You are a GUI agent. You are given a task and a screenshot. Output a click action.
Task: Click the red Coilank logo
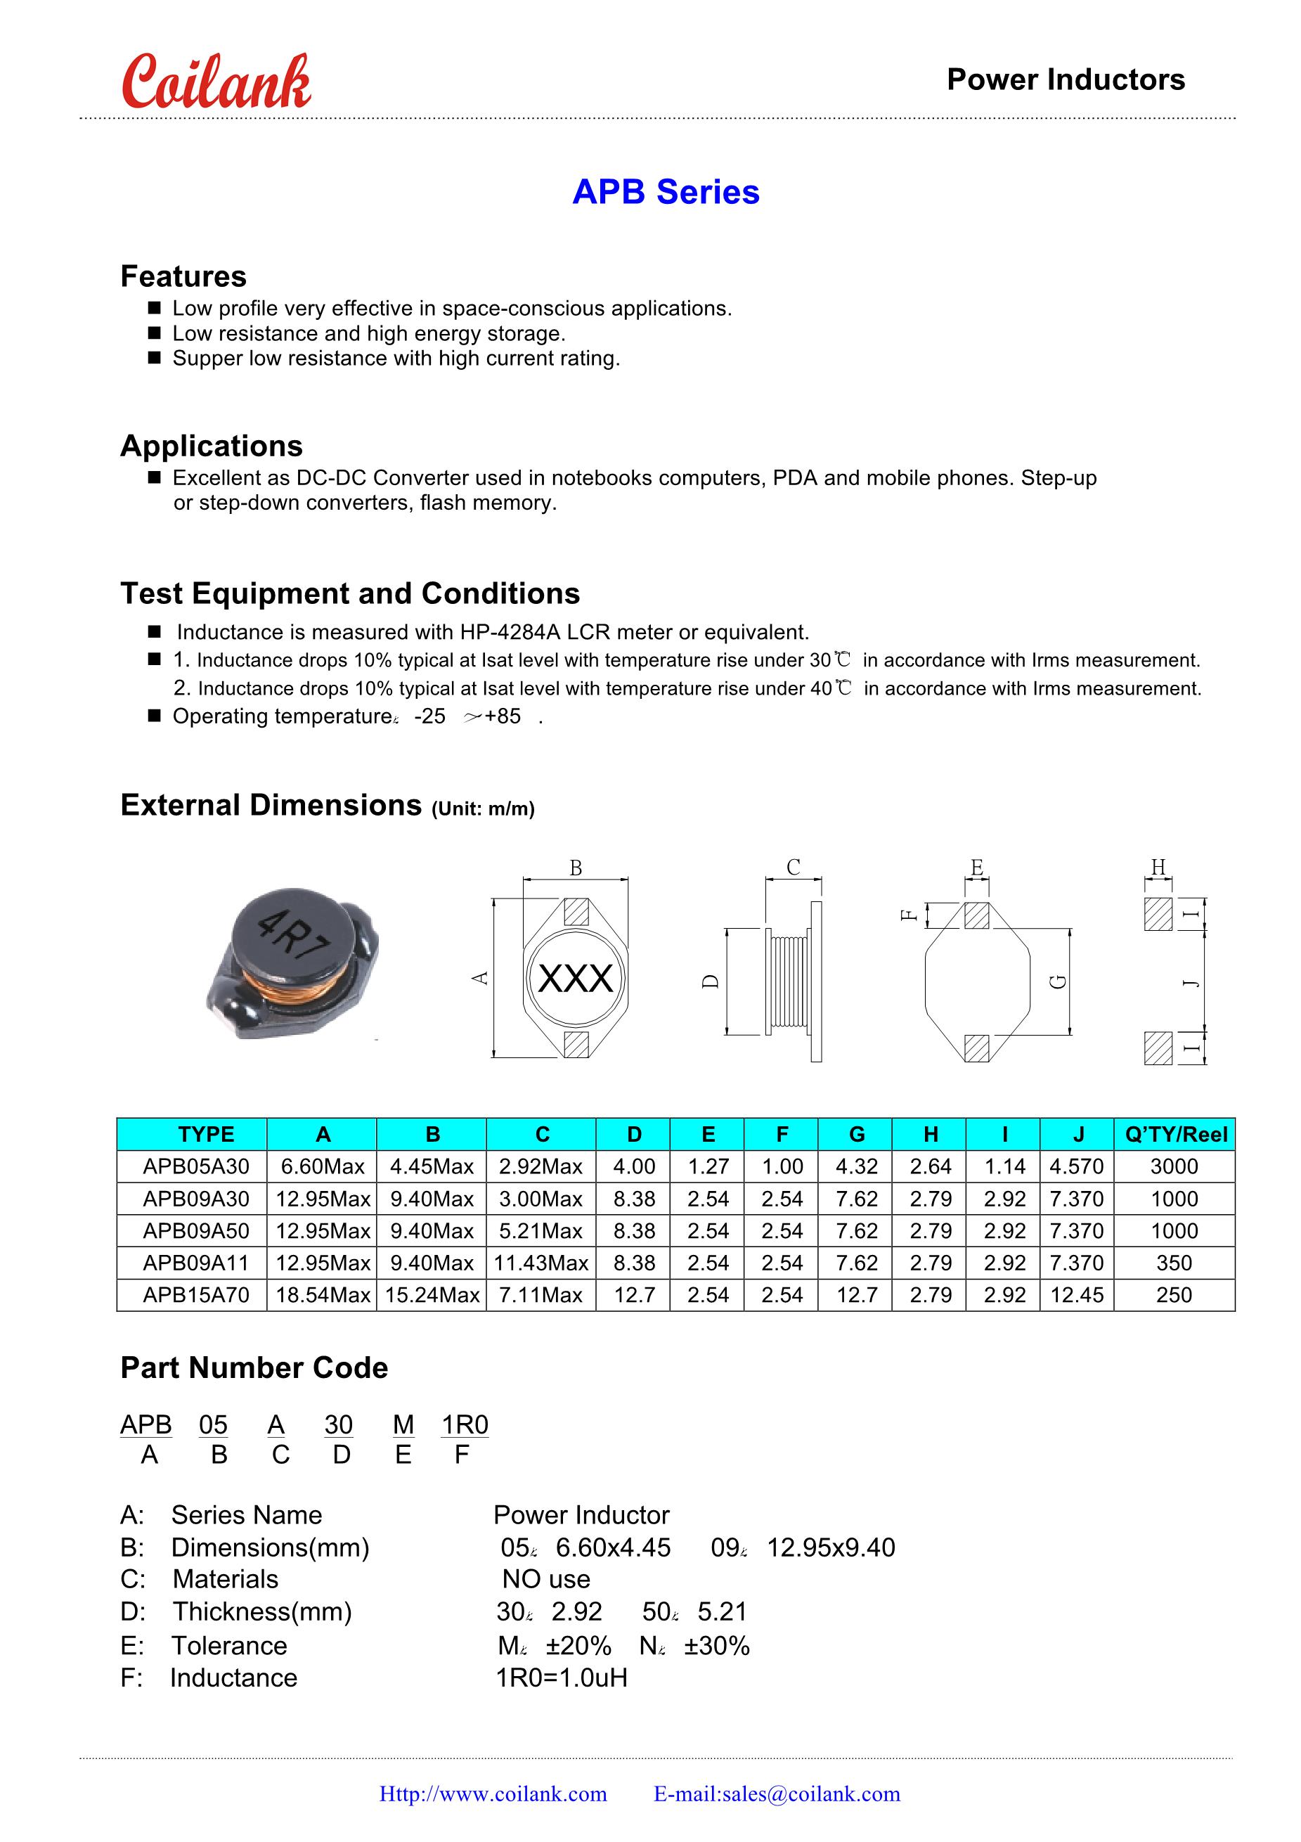pos(216,83)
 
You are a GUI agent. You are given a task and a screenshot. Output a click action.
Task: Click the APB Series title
pos(666,193)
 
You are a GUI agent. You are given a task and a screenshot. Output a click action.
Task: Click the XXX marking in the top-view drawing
pos(575,979)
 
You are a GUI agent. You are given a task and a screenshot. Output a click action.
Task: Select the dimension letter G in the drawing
pos(1058,981)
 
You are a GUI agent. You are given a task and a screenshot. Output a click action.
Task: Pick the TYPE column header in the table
pos(206,1135)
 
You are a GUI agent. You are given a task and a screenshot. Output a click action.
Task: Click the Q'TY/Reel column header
pos(1175,1135)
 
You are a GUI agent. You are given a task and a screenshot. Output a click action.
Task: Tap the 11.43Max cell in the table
pos(541,1263)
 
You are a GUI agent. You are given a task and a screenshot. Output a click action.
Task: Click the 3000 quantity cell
pos(1174,1166)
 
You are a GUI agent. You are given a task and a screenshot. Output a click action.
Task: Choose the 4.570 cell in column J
pos(1076,1166)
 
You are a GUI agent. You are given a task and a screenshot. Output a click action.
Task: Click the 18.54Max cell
pos(323,1295)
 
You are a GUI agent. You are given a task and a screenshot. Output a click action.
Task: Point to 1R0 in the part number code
pos(465,1425)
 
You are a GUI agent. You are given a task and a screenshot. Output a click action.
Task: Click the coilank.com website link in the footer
pos(493,1794)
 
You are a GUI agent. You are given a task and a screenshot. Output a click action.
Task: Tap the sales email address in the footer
pos(777,1794)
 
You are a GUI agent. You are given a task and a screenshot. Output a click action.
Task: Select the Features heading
pos(183,277)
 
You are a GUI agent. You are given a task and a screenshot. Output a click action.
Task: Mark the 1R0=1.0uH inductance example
pos(562,1677)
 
